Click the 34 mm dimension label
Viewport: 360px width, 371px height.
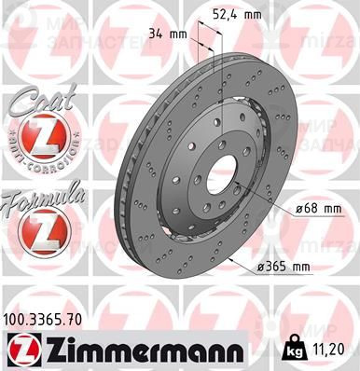168,34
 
